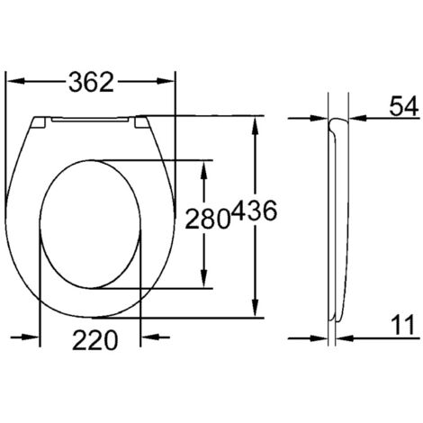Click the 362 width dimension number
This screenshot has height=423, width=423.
click(x=92, y=82)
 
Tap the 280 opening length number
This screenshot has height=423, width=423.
click(x=206, y=216)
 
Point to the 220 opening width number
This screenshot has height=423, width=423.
click(x=93, y=340)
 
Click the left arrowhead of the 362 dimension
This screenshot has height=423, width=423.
click(x=13, y=82)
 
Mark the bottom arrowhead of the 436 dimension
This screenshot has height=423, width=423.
click(x=257, y=311)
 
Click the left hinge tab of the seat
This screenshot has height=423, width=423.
click(x=39, y=121)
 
